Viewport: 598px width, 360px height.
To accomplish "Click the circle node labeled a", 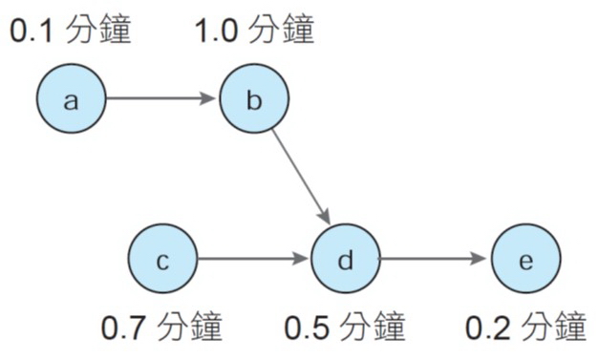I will point(72,98).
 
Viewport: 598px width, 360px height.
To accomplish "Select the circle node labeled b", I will point(253,98).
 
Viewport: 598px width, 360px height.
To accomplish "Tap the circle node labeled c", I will point(162,259).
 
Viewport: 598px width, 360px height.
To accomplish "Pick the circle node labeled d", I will point(345,259).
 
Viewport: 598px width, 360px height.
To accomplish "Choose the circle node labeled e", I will point(525,259).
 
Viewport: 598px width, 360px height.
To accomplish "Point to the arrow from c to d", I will point(253,259).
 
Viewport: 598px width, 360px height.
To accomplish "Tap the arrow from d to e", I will point(435,259).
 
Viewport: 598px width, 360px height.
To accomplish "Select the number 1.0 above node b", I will point(214,31).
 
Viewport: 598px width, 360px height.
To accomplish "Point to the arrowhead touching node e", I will point(483,259).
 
